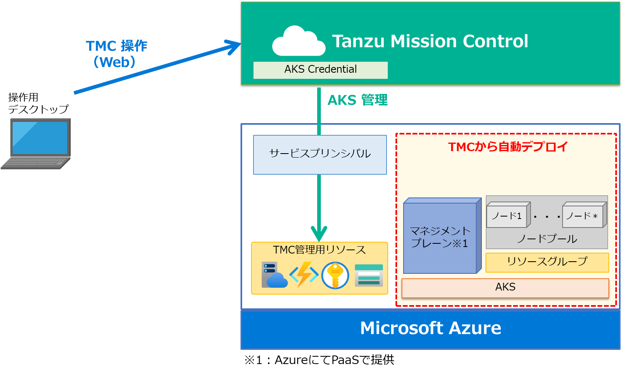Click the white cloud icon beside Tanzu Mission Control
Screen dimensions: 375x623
pyautogui.click(x=299, y=41)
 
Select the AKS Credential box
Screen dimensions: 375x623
pyautogui.click(x=320, y=70)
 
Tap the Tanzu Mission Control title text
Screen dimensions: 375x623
pyautogui.click(x=430, y=41)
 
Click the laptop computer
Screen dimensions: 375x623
pyautogui.click(x=37, y=143)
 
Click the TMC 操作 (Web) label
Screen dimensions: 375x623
pyautogui.click(x=116, y=54)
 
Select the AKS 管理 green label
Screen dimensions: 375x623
pyautogui.click(x=357, y=100)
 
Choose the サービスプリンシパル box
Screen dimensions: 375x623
pyautogui.click(x=320, y=154)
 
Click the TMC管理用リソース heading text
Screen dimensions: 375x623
pyautogui.click(x=319, y=249)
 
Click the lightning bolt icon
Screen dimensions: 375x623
pyautogui.click(x=304, y=275)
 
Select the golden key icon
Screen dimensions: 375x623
pyautogui.click(x=335, y=275)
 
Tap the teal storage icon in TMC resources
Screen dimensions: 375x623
pyautogui.click(x=369, y=275)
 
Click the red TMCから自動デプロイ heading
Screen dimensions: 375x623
pyautogui.click(x=508, y=147)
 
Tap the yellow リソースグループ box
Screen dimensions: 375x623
pyautogui.click(x=547, y=262)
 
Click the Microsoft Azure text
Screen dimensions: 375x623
pyautogui.click(x=430, y=328)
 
